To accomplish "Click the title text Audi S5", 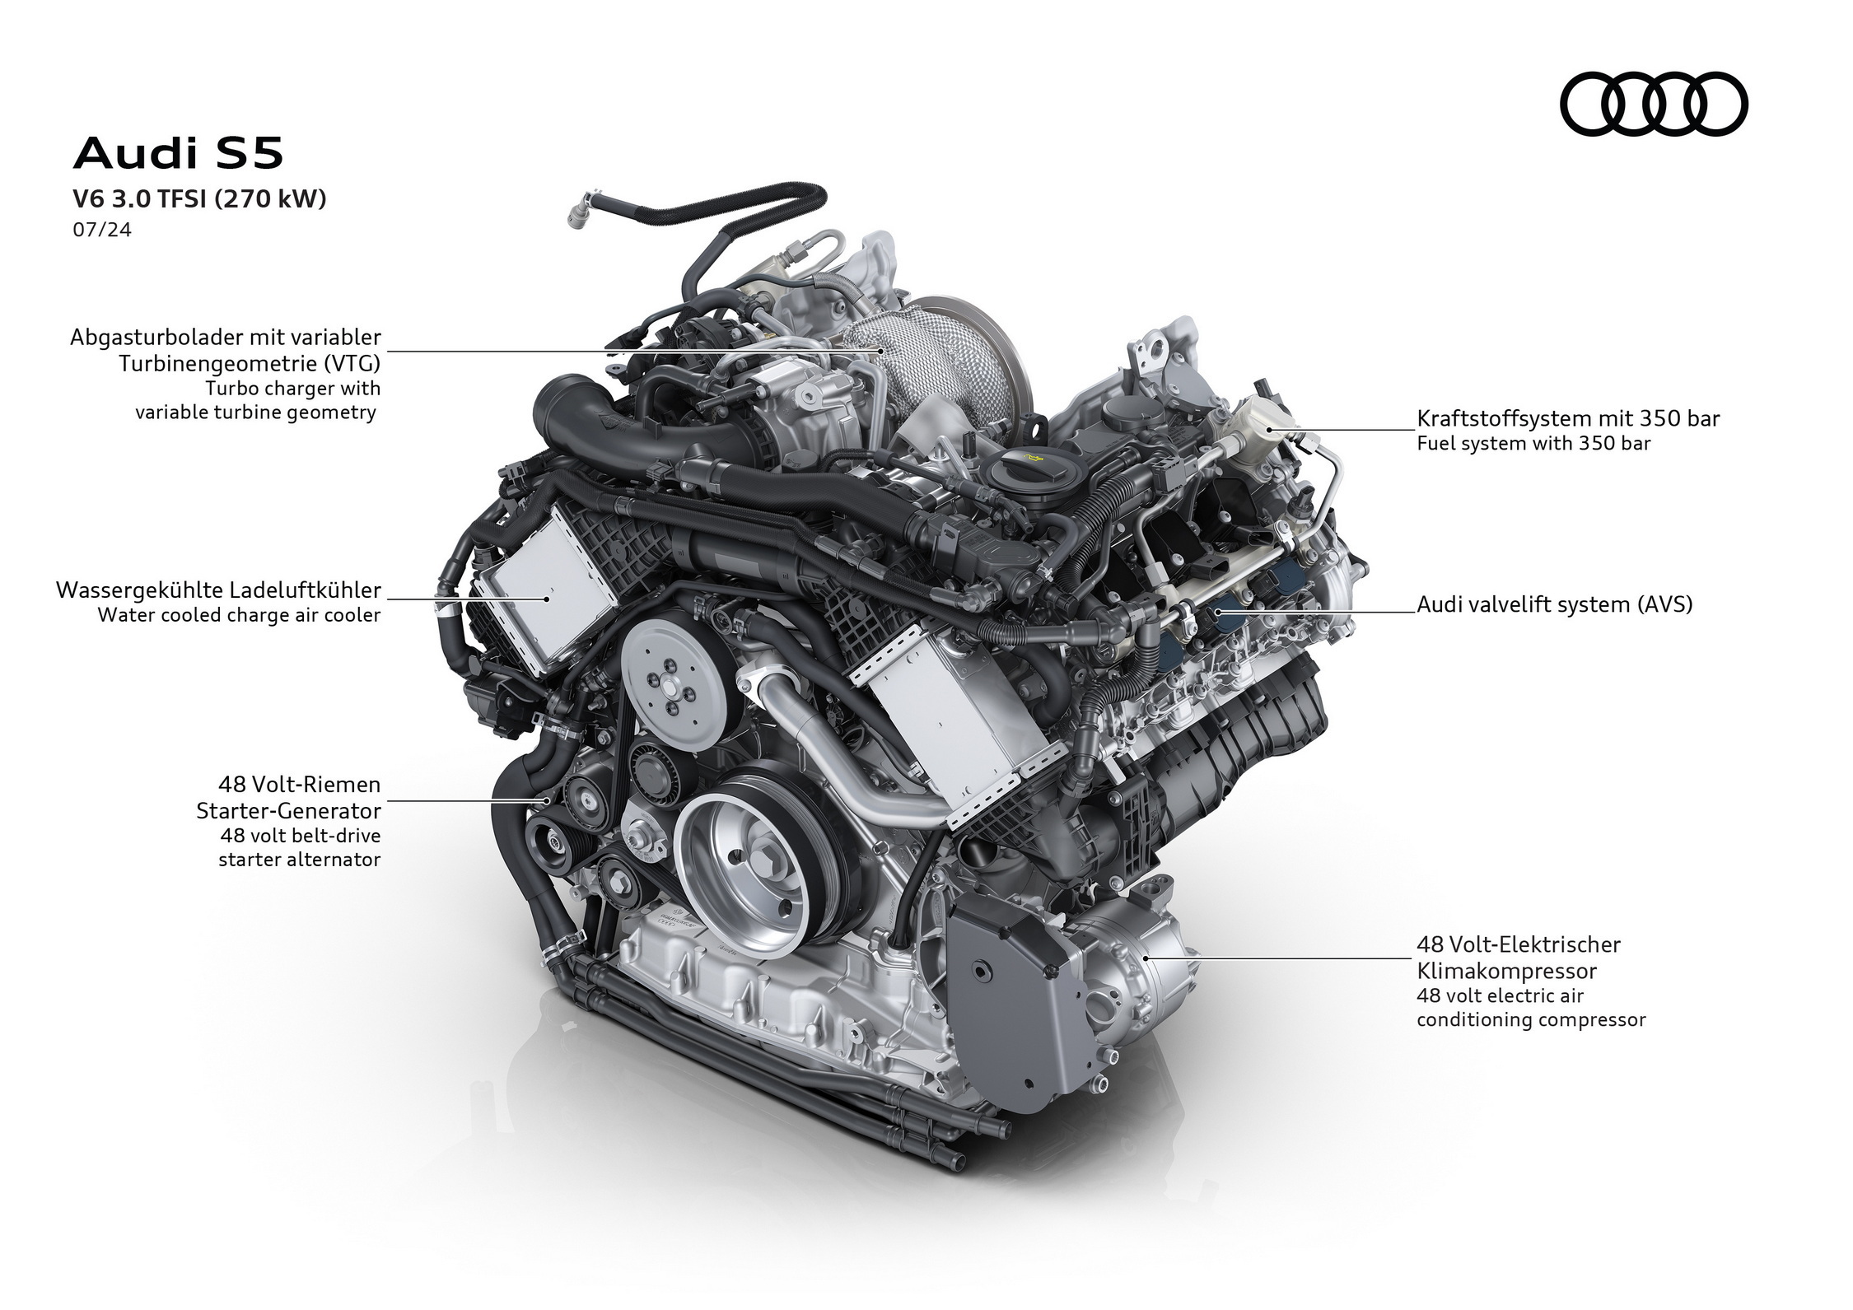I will point(178,154).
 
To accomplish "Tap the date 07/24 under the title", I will point(101,230).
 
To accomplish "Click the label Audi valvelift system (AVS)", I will point(1554,604).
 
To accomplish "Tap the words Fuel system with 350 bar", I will point(1533,444).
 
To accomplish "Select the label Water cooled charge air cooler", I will point(239,615).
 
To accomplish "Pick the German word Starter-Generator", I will point(288,811).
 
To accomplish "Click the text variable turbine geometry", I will point(255,413).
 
